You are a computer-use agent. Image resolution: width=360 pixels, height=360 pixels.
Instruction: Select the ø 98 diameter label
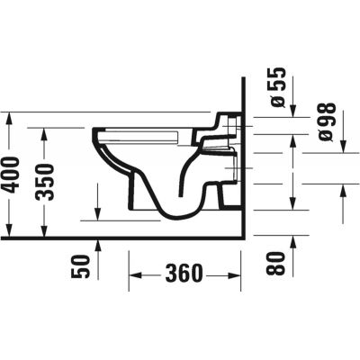(327, 120)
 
